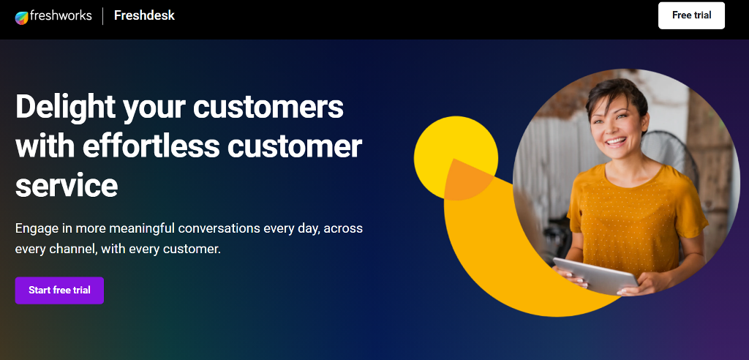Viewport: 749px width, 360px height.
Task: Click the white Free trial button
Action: [x=691, y=15]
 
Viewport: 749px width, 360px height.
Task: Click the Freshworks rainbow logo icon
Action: [x=22, y=17]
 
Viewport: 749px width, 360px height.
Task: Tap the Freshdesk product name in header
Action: [x=144, y=15]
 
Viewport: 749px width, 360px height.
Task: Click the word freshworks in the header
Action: [x=61, y=16]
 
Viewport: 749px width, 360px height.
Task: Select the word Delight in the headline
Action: [x=64, y=107]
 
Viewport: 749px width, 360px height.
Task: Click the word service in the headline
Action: [x=66, y=184]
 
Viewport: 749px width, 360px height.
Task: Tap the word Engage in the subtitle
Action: [x=34, y=228]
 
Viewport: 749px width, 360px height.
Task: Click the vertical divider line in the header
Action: [x=102, y=16]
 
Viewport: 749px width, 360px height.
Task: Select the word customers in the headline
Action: [x=268, y=107]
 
